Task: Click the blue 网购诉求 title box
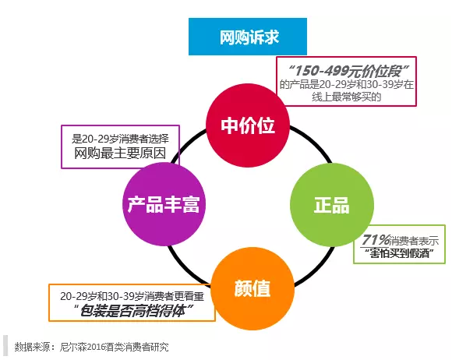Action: pyautogui.click(x=248, y=37)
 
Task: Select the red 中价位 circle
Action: pyautogui.click(x=248, y=125)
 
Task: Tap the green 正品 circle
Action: pyautogui.click(x=332, y=205)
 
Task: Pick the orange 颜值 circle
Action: pyautogui.click(x=252, y=288)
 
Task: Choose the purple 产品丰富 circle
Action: pyautogui.click(x=164, y=204)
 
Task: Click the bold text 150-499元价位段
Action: pyautogui.click(x=348, y=71)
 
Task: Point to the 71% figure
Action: pyautogui.click(x=376, y=239)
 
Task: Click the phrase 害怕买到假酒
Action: pyautogui.click(x=399, y=253)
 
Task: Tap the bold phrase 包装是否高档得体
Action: pyautogui.click(x=133, y=311)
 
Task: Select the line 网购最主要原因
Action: pyautogui.click(x=120, y=153)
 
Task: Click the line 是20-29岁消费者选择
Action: pyautogui.click(x=120, y=139)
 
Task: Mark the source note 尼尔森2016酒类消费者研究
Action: pyautogui.click(x=114, y=347)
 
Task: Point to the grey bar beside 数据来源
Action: pyautogui.click(x=5, y=346)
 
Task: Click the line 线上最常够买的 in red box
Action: pyautogui.click(x=347, y=97)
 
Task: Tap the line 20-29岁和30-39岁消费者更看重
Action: pyautogui.click(x=132, y=296)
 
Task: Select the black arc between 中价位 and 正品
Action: pyautogui.click(x=313, y=142)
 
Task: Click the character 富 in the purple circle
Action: pyautogui.click(x=191, y=204)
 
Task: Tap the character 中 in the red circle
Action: pyautogui.click(x=230, y=125)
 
